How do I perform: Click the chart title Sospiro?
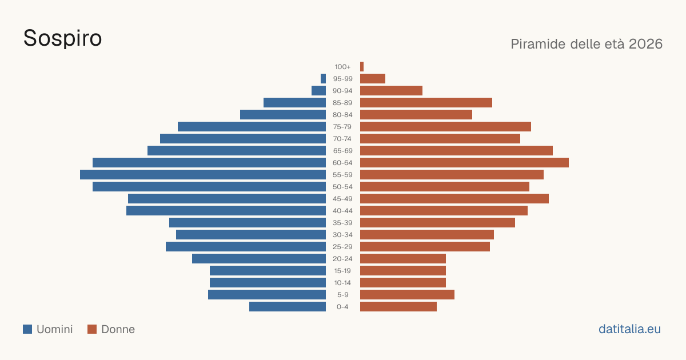coord(62,39)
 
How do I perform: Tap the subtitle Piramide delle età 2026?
coord(587,44)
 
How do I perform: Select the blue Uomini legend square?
coord(27,329)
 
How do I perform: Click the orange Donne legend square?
coord(92,329)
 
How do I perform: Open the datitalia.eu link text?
coord(629,329)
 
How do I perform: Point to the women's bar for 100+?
coord(362,67)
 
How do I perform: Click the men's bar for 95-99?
coord(323,79)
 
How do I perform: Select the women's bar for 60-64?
coord(464,162)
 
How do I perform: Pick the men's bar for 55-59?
coord(203,174)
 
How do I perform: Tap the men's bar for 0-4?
coord(288,307)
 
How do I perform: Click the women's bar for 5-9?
coord(407,295)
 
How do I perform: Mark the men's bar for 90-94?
coord(318,91)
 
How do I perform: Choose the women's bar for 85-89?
coord(426,102)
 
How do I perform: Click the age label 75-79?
coord(342,127)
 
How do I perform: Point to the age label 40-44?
coord(342,211)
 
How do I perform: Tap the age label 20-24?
coord(342,259)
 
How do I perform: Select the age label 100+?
coord(342,67)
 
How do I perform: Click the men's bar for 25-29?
coord(246,247)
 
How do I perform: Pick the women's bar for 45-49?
coord(454,199)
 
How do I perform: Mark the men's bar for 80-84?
coord(283,114)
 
